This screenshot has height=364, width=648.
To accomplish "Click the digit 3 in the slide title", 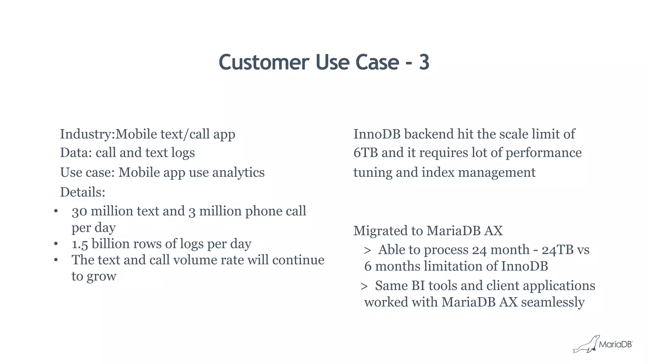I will [x=424, y=62].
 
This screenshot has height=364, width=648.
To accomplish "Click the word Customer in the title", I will [x=264, y=62].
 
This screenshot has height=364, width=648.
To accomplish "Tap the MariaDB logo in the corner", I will [x=602, y=344].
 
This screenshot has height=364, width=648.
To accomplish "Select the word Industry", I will [x=86, y=134].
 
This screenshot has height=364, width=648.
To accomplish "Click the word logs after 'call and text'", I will [x=183, y=153].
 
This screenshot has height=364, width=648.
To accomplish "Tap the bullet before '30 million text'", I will [x=56, y=211].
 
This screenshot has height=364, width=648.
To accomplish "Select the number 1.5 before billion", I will [x=79, y=244].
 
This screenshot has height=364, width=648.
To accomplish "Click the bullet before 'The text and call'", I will [x=56, y=260].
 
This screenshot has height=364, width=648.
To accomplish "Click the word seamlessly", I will [x=552, y=302].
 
